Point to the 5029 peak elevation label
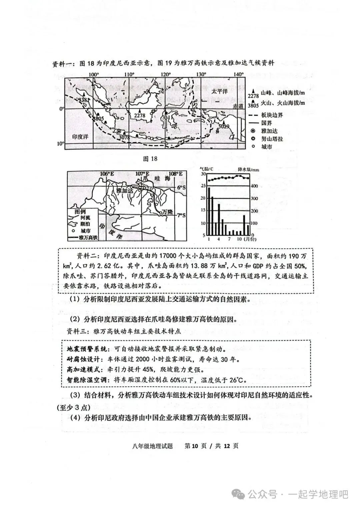[224, 126]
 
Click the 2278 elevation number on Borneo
[140, 115]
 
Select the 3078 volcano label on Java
[124, 137]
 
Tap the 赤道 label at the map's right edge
[238, 106]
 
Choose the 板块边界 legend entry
[272, 115]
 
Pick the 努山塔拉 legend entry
[272, 139]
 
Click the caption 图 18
[150, 159]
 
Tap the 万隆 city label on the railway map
[166, 212]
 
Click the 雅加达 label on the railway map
[125, 190]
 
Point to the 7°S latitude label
[181, 215]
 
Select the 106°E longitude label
[107, 174]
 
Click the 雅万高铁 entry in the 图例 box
[88, 238]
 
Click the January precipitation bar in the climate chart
[209, 211]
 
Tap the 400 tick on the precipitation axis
[254, 186]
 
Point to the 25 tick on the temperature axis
[203, 186]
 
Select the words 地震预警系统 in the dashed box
[87, 349]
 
